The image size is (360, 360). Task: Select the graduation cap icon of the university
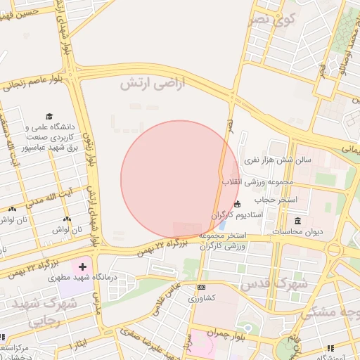click(x=49, y=117)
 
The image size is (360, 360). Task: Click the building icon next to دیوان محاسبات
click(x=297, y=221)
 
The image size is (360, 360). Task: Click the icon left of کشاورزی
click(x=202, y=288)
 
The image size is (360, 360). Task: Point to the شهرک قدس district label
click(x=274, y=283)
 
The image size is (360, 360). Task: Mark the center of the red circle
click(x=180, y=180)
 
